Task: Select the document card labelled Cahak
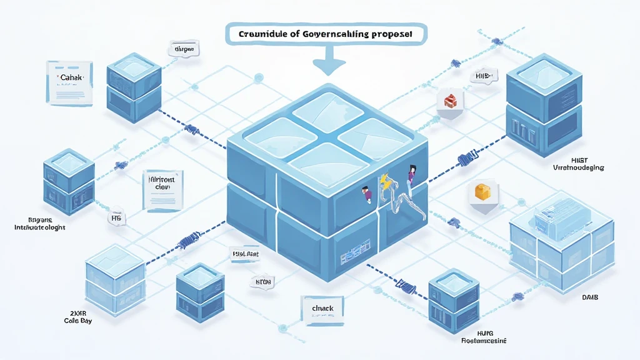point(70,82)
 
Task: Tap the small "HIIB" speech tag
point(481,76)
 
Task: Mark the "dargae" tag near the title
point(184,48)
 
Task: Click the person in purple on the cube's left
point(367,194)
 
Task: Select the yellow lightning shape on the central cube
point(384,182)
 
